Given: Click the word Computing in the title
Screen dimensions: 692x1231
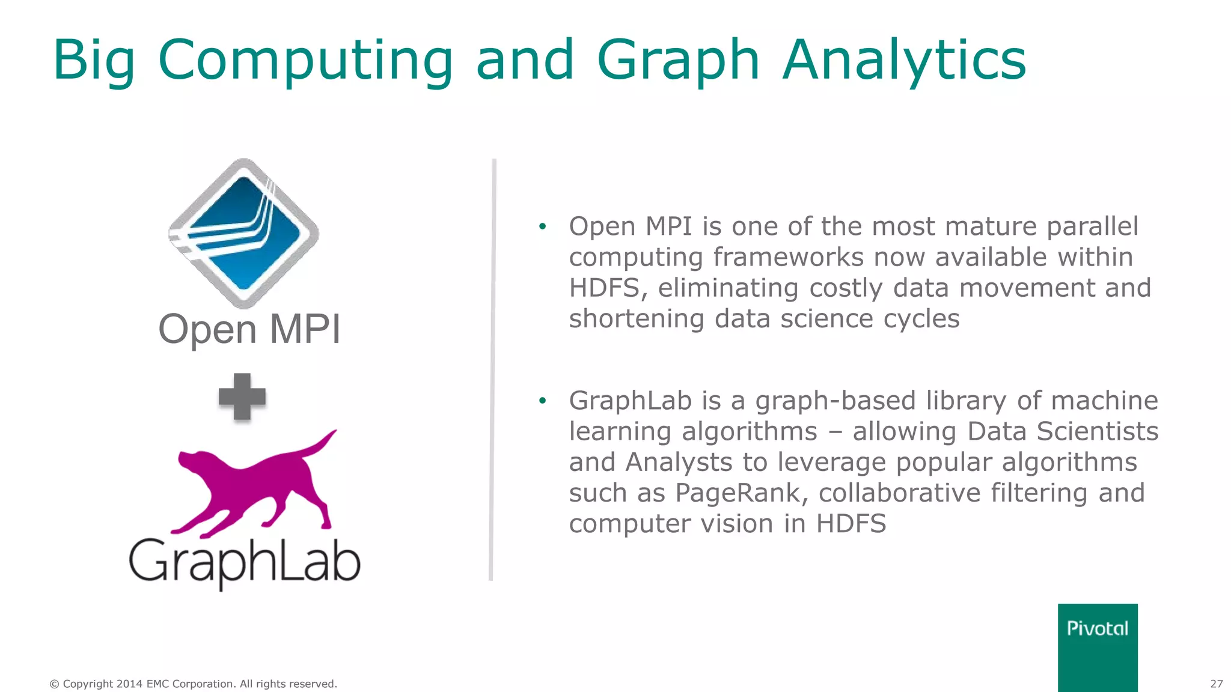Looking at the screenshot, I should [305, 60].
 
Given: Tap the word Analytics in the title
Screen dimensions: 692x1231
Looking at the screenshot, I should [904, 60].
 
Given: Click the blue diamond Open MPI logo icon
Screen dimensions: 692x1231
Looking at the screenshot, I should [243, 233].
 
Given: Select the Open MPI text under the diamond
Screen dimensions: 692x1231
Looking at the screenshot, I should [249, 329].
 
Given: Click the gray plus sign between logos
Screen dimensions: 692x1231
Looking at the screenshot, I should [242, 396].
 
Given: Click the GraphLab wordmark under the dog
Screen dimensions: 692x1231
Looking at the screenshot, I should [245, 562].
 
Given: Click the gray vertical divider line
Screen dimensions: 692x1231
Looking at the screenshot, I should [492, 369].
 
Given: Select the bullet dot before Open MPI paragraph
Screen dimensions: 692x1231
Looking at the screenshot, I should [543, 226].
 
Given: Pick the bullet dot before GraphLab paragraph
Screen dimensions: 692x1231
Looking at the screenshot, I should [543, 401].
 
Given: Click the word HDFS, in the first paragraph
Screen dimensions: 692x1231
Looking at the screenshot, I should [608, 288].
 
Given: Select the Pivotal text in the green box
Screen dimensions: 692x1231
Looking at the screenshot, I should [1097, 628].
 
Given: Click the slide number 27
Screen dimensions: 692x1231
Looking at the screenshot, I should [1216, 684].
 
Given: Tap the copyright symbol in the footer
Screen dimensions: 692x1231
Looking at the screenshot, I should [54, 684].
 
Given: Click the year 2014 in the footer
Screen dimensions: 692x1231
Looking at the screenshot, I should [129, 684].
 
